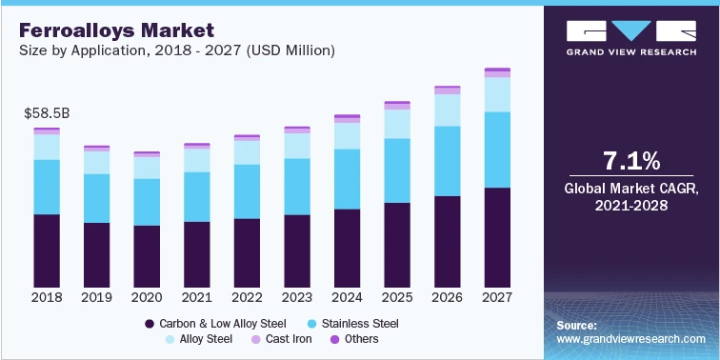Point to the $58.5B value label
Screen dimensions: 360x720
tap(47, 113)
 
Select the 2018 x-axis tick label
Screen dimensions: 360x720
tap(47, 297)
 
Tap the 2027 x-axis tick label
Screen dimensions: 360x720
tap(496, 297)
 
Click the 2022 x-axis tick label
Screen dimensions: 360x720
tap(247, 297)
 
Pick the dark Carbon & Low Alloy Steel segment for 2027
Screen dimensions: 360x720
tap(496, 237)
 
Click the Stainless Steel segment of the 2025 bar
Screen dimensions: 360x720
tap(396, 170)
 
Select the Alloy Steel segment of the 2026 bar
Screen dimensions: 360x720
tap(447, 110)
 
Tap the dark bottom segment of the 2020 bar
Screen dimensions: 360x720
tap(147, 256)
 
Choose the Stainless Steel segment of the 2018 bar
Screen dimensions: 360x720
tap(47, 187)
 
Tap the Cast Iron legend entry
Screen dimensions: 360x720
tap(282, 339)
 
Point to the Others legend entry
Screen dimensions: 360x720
tap(353, 339)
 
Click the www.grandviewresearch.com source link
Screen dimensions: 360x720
tap(631, 339)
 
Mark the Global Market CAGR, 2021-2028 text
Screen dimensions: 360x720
tap(631, 197)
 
